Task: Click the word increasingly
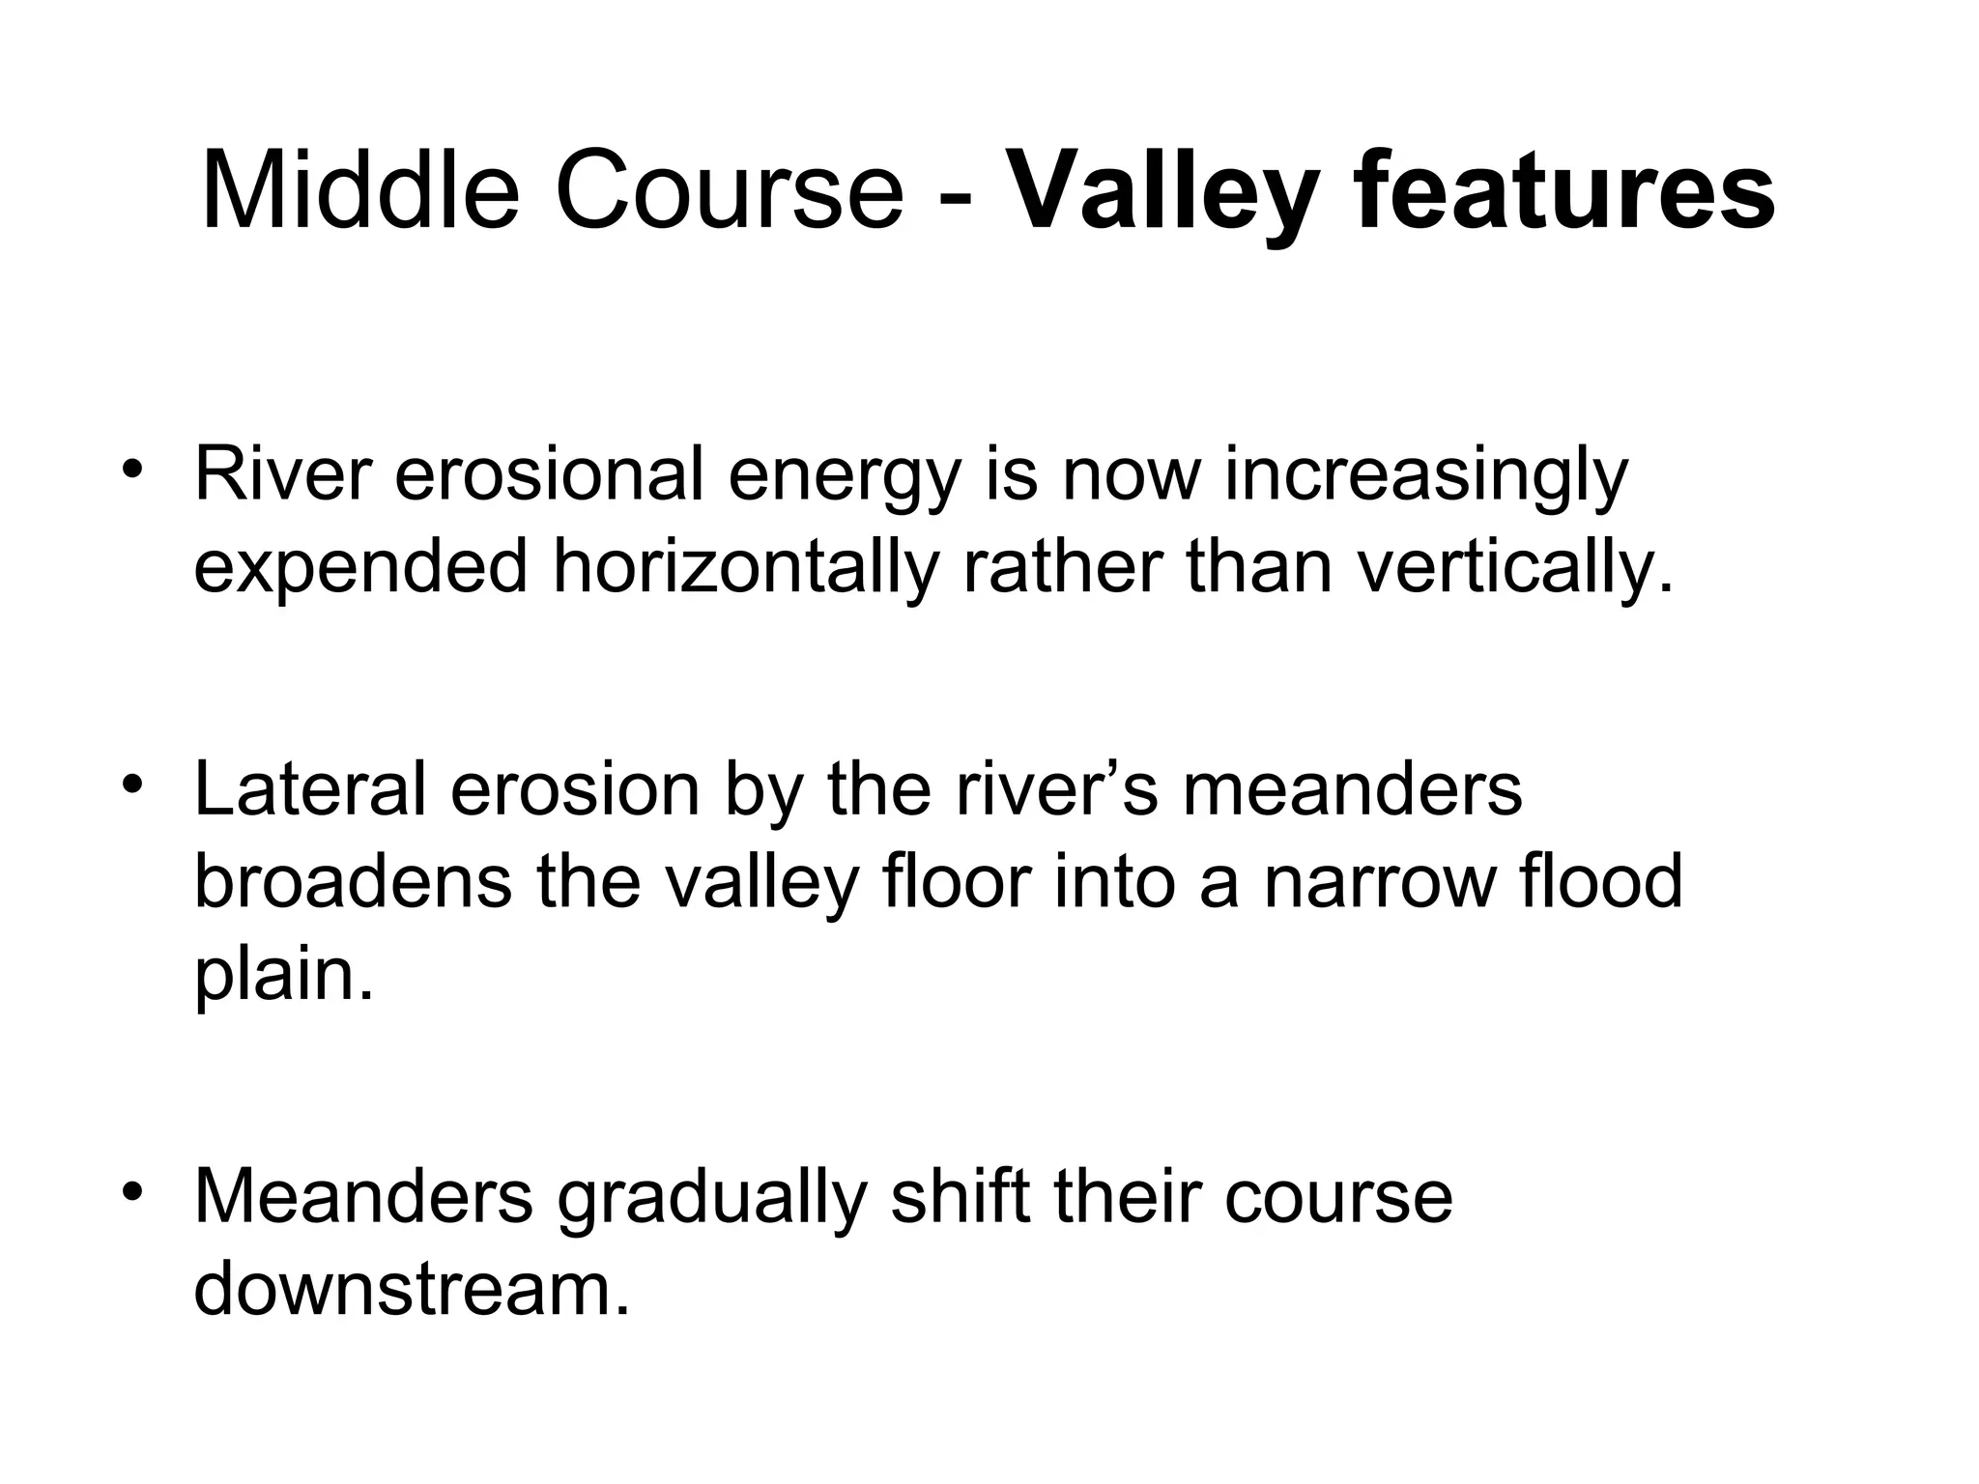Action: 1425,477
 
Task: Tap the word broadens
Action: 353,881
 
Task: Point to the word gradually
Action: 711,1198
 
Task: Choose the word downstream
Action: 412,1289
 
